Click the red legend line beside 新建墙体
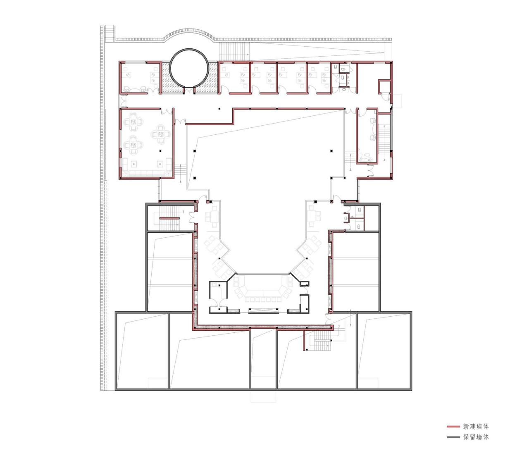point(453,426)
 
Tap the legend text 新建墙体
point(476,426)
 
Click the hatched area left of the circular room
point(167,77)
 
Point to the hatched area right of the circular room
point(212,77)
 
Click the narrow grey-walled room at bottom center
point(263,359)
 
